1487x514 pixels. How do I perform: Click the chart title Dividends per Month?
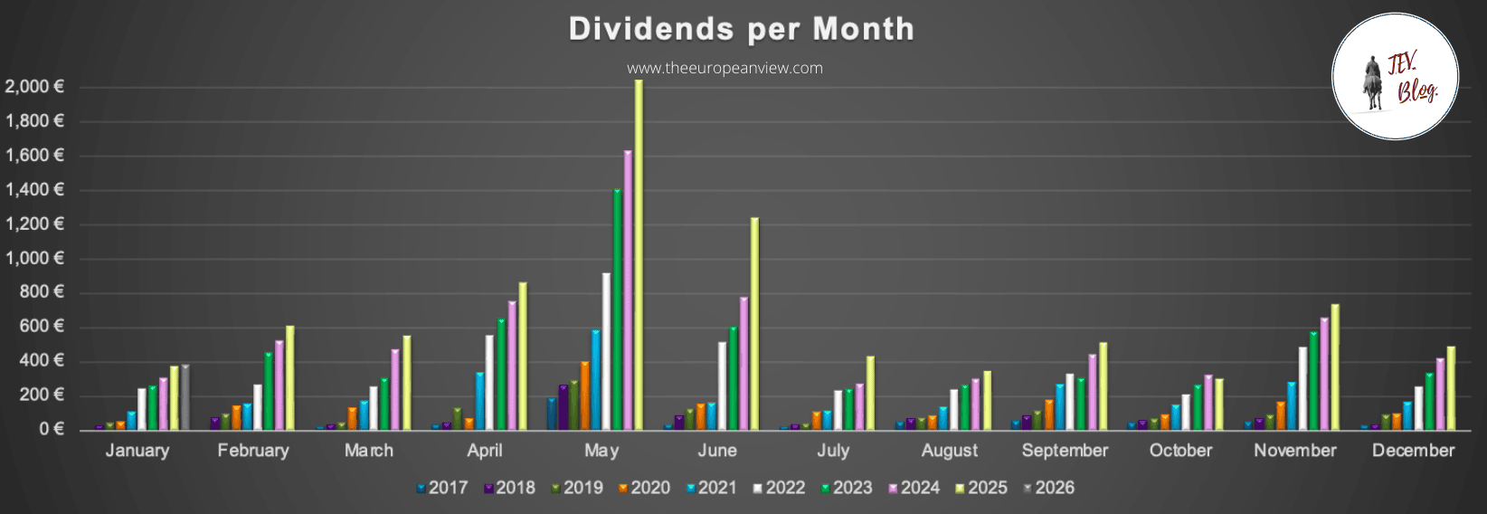point(741,29)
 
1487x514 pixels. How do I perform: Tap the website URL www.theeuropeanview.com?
point(725,68)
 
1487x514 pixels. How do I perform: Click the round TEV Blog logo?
point(1395,77)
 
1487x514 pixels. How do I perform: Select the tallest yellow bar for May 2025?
point(639,253)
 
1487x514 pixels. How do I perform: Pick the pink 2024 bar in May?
point(628,290)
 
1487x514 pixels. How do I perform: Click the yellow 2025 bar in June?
point(754,323)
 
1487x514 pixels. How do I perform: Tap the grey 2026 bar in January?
point(185,397)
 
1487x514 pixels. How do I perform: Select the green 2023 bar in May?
point(617,309)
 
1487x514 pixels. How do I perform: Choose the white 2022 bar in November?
point(1302,388)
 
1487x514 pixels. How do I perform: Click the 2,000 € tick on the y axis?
point(34,87)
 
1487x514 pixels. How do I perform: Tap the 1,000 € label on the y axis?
point(34,258)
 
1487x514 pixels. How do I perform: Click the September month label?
point(1065,451)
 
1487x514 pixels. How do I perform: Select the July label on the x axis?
point(833,451)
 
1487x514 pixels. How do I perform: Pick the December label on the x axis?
point(1413,451)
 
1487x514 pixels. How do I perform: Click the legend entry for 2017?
point(442,488)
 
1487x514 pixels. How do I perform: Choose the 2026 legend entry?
point(1049,488)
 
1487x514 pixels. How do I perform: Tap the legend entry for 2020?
point(644,488)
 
